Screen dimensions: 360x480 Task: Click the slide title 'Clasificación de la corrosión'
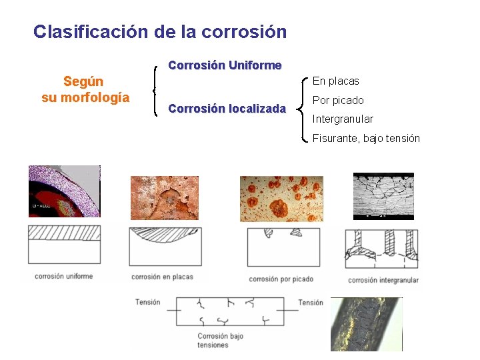pyautogui.click(x=160, y=31)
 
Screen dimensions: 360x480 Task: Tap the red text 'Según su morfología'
pyautogui.click(x=85, y=89)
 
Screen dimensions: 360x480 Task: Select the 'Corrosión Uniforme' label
pyautogui.click(x=225, y=65)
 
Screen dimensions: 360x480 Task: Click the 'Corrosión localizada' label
pyautogui.click(x=227, y=108)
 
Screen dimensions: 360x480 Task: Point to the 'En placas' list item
pyautogui.click(x=335, y=81)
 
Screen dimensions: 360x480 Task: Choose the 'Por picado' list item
pyautogui.click(x=338, y=100)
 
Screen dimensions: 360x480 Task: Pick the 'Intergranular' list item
pyautogui.click(x=343, y=119)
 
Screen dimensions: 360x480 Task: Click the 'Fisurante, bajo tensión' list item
pyautogui.click(x=366, y=138)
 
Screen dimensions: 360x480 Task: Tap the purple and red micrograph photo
pyautogui.click(x=64, y=191)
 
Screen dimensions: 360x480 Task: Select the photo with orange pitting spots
pyautogui.click(x=281, y=199)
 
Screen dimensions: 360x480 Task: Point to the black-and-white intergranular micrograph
pyautogui.click(x=383, y=195)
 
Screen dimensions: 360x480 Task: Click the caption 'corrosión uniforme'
pyautogui.click(x=63, y=276)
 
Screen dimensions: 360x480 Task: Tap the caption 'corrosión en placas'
pyautogui.click(x=162, y=277)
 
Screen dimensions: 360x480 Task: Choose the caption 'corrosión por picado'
pyautogui.click(x=281, y=279)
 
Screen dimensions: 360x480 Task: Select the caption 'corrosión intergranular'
pyautogui.click(x=383, y=280)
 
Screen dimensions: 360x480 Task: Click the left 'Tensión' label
pyautogui.click(x=147, y=302)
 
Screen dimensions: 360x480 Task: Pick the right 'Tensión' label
pyautogui.click(x=311, y=303)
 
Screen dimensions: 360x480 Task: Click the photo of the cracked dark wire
pyautogui.click(x=367, y=323)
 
